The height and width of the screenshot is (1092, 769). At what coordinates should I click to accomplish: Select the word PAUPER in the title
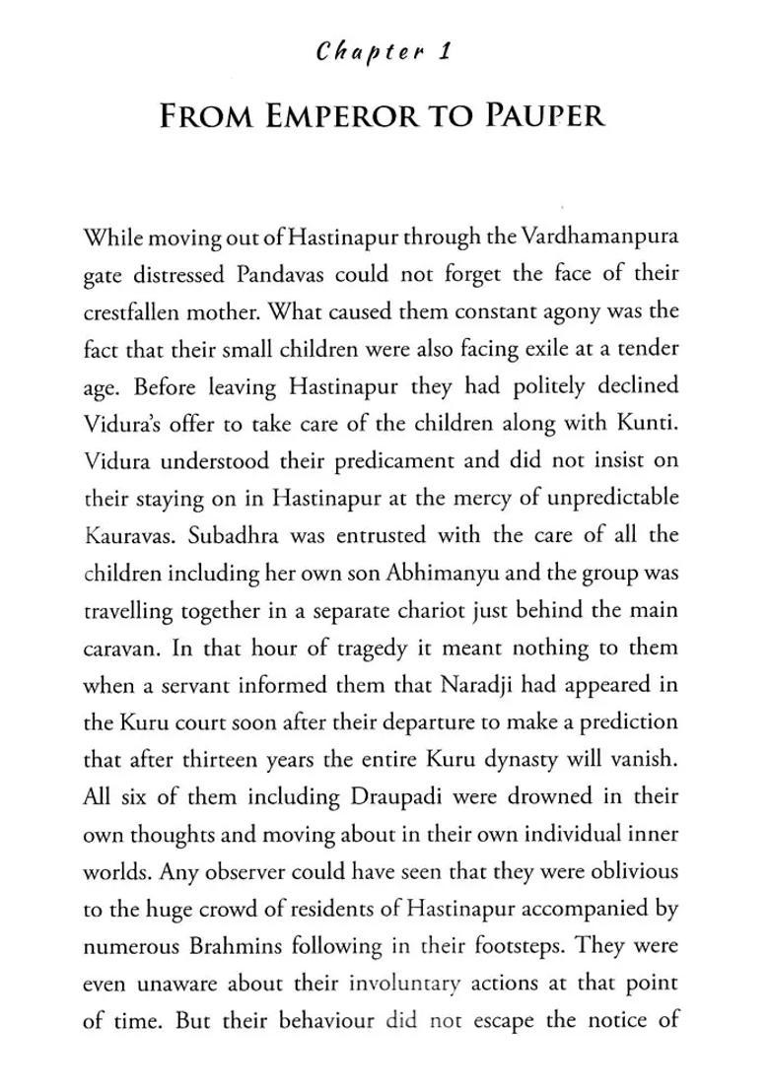point(545,116)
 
